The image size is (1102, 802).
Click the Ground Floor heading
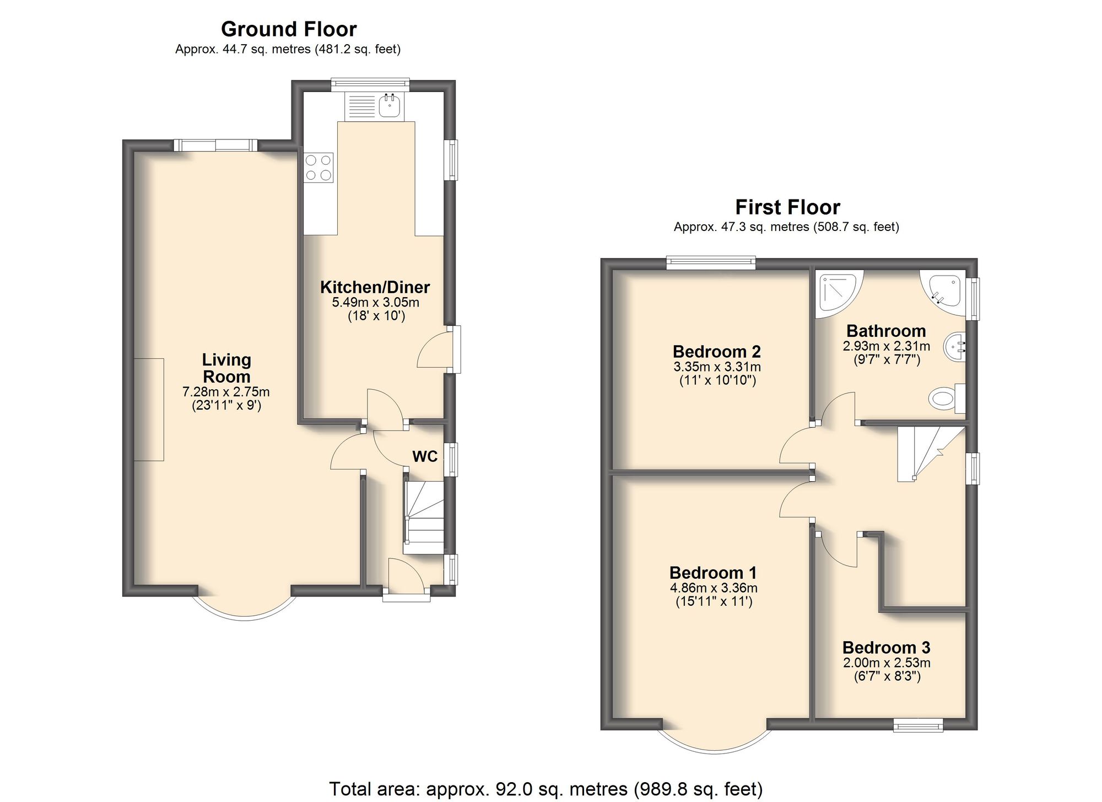(x=289, y=29)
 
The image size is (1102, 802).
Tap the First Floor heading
(x=787, y=207)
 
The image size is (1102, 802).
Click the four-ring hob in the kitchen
(x=318, y=168)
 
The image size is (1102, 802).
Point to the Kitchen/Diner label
(x=375, y=287)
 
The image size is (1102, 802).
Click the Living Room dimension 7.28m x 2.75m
(x=226, y=392)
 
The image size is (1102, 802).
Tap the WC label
(x=425, y=456)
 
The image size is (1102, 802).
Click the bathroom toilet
(x=946, y=398)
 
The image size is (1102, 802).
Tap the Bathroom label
(x=886, y=331)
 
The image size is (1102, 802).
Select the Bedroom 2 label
(x=716, y=352)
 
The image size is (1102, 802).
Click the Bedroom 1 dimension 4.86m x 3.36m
(x=714, y=588)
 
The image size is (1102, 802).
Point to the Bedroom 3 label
(x=886, y=647)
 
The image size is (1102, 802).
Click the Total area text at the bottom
(x=545, y=789)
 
